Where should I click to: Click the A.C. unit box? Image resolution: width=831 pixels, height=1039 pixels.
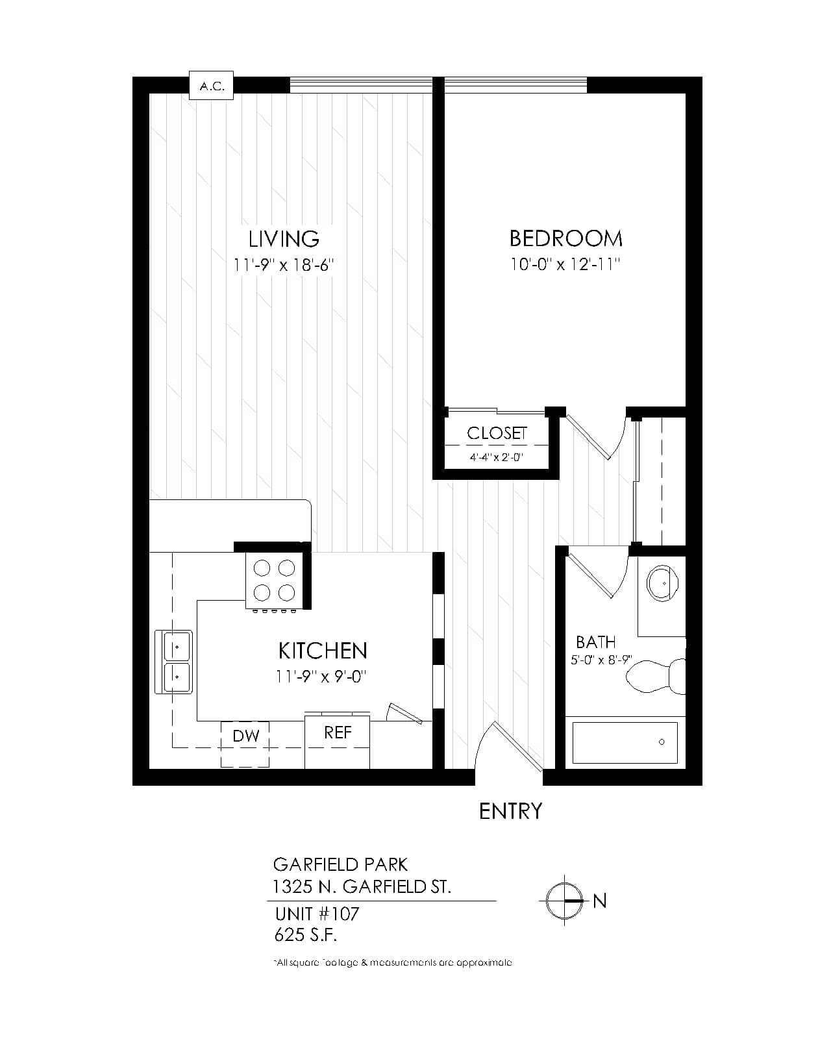pos(211,86)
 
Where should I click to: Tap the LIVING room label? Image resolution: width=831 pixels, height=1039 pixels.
pos(284,239)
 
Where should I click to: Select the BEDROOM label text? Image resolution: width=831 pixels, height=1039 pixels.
pos(566,238)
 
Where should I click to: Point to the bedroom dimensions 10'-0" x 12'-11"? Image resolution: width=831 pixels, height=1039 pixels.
pos(565,264)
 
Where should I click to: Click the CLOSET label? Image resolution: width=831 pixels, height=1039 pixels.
pos(497,433)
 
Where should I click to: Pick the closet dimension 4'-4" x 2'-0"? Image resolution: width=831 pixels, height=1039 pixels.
pos(497,457)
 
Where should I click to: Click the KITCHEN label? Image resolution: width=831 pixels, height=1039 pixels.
pos(323,651)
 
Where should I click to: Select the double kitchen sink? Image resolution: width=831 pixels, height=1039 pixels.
pos(174,662)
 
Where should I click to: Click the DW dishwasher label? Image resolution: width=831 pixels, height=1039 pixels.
pos(246,736)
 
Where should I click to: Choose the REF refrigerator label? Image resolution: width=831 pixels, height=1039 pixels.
pos(338,732)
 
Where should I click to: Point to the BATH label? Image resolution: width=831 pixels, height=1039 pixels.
pos(596,642)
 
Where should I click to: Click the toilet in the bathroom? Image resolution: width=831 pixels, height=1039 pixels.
pos(656,676)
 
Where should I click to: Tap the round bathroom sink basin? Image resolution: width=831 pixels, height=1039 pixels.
pos(662,583)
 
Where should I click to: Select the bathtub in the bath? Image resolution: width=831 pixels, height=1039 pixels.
pos(625,742)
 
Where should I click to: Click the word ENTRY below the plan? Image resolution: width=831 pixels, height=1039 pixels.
pos(510,812)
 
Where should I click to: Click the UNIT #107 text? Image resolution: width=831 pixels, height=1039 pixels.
pos(317,914)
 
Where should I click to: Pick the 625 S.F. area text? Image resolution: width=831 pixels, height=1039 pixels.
pos(306,936)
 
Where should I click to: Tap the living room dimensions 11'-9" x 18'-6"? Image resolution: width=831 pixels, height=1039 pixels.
pos(284,265)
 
